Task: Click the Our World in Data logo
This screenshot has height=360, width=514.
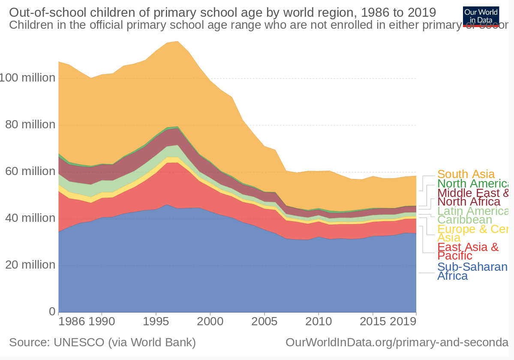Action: point(481,16)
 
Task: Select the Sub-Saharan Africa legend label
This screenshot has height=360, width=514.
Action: point(472,271)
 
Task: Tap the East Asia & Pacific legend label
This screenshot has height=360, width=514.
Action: point(467,251)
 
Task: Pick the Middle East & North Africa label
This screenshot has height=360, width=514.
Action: point(472,197)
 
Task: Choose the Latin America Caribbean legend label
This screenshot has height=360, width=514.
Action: point(472,215)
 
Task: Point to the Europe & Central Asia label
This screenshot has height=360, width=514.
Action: point(472,233)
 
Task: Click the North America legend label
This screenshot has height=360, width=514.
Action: point(472,184)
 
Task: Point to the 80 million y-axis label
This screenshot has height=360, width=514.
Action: point(30,125)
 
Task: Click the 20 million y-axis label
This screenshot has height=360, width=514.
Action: point(30,265)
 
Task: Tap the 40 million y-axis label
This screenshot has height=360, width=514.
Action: point(30,218)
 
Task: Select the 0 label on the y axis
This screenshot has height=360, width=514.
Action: point(52,311)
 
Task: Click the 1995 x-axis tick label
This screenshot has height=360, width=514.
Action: point(156,321)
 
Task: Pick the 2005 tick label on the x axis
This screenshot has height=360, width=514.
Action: point(265,321)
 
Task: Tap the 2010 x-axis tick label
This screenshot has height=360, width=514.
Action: point(319,321)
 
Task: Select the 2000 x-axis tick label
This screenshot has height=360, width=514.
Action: point(210,321)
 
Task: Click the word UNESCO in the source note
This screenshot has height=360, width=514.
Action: point(78,342)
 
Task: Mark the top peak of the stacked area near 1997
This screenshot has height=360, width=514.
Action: point(177,41)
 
